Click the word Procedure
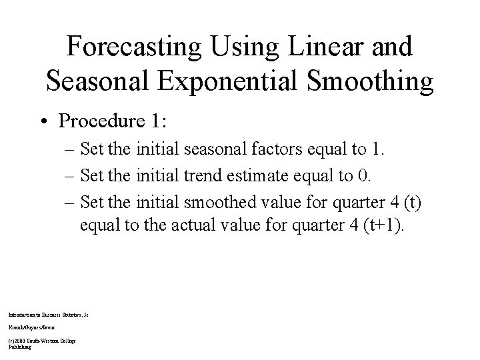[x=100, y=121]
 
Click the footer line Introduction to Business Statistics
[x=48, y=313]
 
